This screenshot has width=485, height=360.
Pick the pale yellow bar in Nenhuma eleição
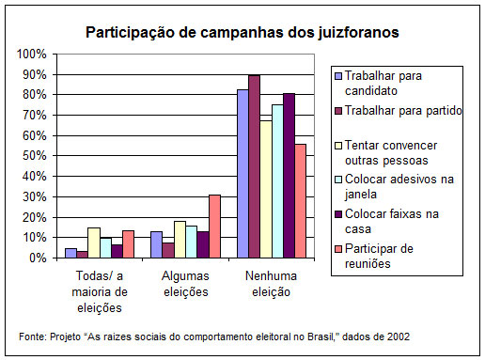click(x=266, y=189)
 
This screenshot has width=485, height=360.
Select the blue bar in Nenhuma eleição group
click(x=242, y=173)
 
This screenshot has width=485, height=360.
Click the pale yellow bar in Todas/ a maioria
click(x=93, y=243)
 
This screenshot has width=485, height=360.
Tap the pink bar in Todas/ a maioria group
click(x=128, y=243)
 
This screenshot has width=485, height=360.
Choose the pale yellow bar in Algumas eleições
click(x=180, y=239)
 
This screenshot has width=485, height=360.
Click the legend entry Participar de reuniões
click(x=397, y=257)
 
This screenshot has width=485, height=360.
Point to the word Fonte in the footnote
click(x=33, y=336)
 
